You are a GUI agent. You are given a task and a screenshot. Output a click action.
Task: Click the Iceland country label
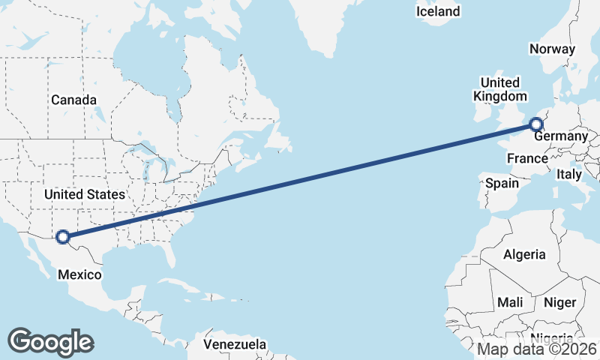(438, 11)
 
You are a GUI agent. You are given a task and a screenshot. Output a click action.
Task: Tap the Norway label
(552, 49)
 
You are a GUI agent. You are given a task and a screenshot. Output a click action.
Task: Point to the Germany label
(560, 136)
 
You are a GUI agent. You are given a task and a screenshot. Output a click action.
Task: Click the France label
(527, 158)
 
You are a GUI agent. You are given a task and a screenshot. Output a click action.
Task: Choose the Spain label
(502, 183)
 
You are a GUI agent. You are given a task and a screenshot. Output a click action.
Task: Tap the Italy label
(569, 174)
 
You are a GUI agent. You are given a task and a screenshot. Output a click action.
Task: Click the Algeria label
(524, 254)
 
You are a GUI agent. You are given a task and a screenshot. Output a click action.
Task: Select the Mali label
(510, 302)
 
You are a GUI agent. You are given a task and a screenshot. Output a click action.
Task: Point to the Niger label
(559, 302)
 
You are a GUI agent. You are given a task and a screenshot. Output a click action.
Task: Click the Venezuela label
(235, 344)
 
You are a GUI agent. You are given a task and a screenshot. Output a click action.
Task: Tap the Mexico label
(79, 274)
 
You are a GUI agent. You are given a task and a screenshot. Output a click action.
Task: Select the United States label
(84, 194)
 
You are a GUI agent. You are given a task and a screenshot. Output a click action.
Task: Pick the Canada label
(73, 100)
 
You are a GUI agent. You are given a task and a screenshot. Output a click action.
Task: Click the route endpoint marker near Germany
(536, 124)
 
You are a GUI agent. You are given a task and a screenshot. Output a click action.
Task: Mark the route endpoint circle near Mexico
(63, 237)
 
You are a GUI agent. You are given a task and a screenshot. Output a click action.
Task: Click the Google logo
(50, 341)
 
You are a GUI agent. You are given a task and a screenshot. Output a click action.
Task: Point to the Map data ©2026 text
(537, 349)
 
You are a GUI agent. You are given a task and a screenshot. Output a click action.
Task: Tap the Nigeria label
(553, 338)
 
